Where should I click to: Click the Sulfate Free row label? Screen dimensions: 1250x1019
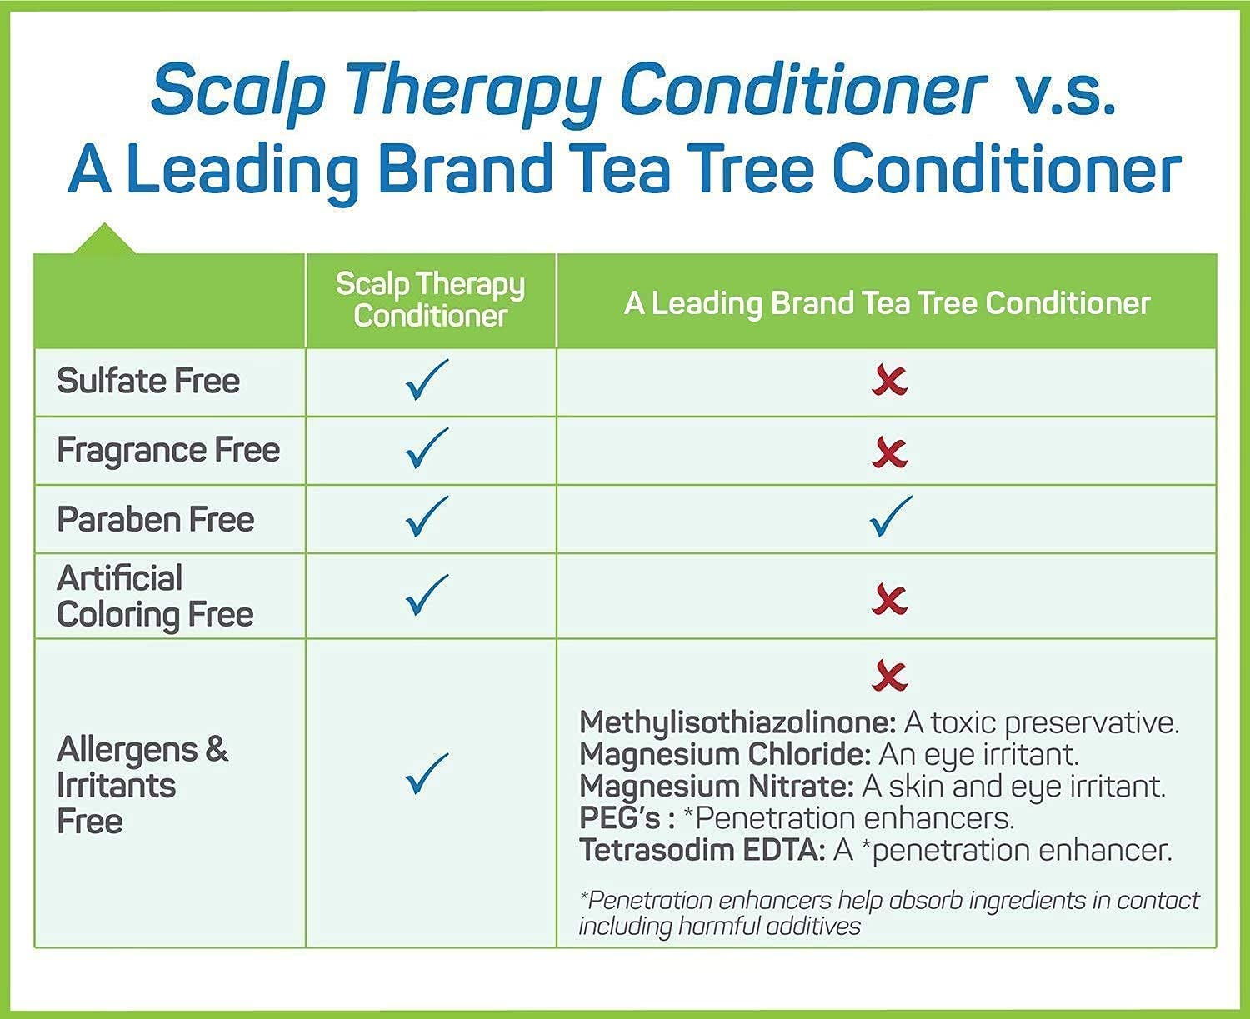(148, 381)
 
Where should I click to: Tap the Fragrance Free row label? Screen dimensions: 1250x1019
(168, 450)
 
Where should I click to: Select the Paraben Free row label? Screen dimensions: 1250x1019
(155, 519)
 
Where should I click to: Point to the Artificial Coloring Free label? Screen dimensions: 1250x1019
(155, 597)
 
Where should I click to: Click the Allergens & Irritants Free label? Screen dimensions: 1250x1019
(142, 785)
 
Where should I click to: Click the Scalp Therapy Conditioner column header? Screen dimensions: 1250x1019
(430, 299)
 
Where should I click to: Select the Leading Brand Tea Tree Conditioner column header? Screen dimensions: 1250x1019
(887, 303)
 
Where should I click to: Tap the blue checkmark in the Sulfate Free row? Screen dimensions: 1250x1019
(427, 379)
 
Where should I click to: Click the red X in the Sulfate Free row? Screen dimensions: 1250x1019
(890, 381)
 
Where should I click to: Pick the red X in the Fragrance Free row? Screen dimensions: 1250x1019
(890, 453)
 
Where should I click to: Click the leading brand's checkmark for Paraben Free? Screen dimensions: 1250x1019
(891, 517)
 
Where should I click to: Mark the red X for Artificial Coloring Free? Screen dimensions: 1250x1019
(890, 599)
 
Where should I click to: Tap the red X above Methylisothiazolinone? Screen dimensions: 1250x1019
(890, 675)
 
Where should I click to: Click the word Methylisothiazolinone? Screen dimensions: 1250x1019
(737, 723)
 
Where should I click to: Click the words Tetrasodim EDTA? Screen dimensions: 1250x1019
(702, 850)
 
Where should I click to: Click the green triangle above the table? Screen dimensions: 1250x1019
(104, 238)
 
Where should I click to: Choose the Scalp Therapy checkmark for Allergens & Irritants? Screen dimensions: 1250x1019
(427, 773)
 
